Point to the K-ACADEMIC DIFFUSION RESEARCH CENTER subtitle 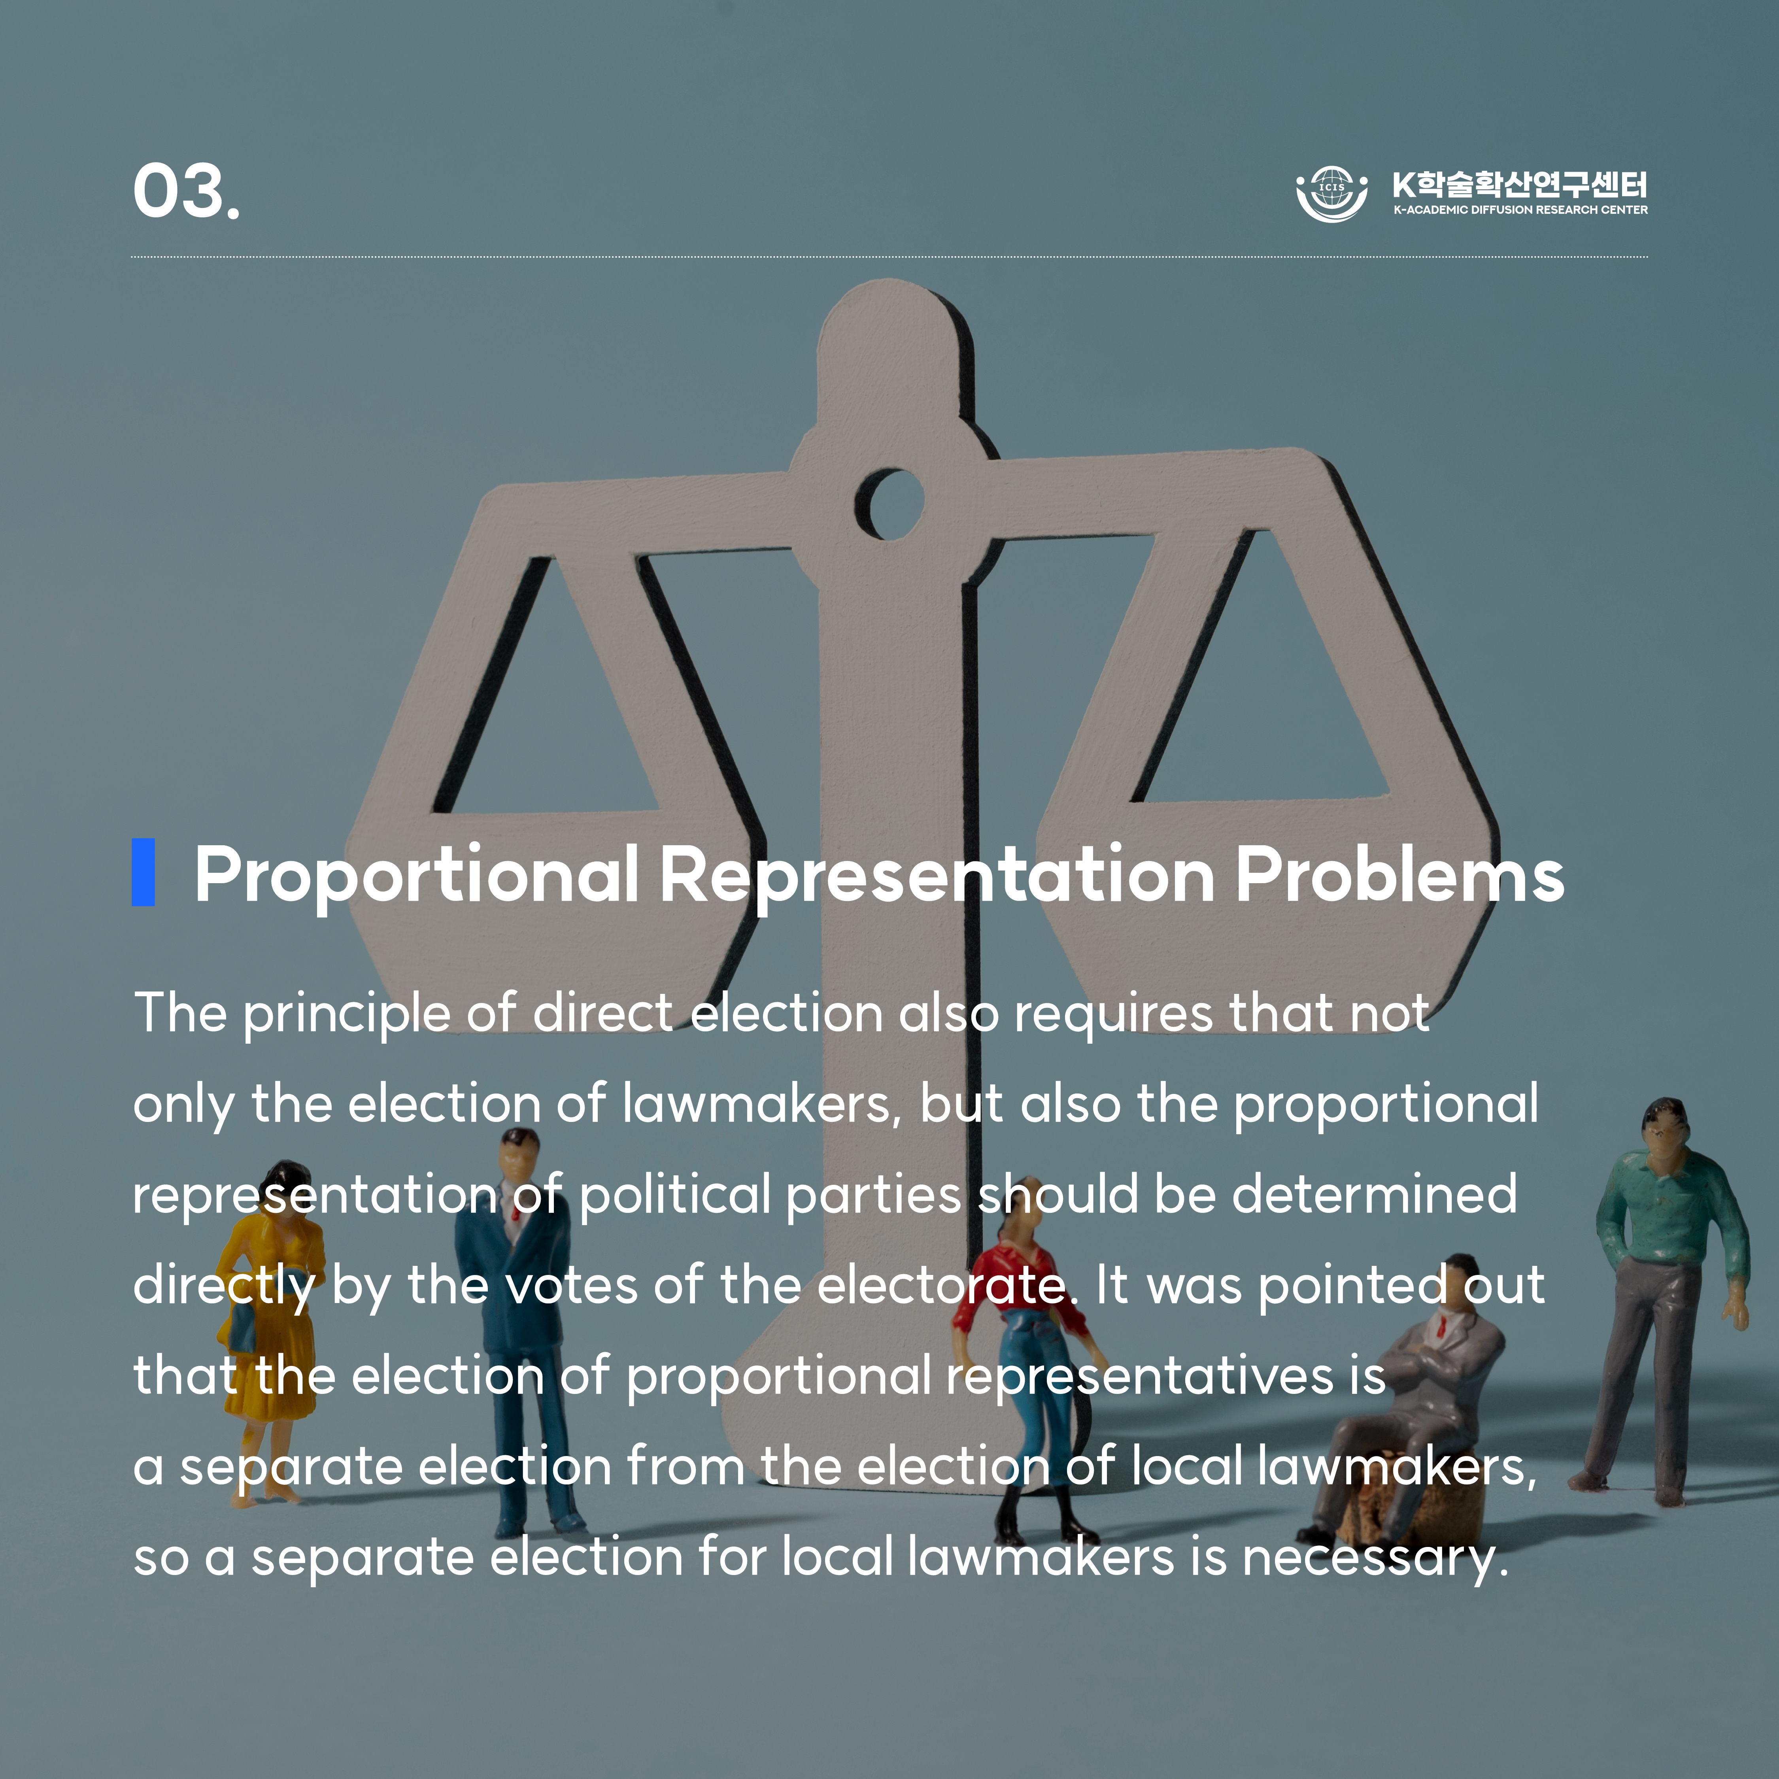pyautogui.click(x=1520, y=210)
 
